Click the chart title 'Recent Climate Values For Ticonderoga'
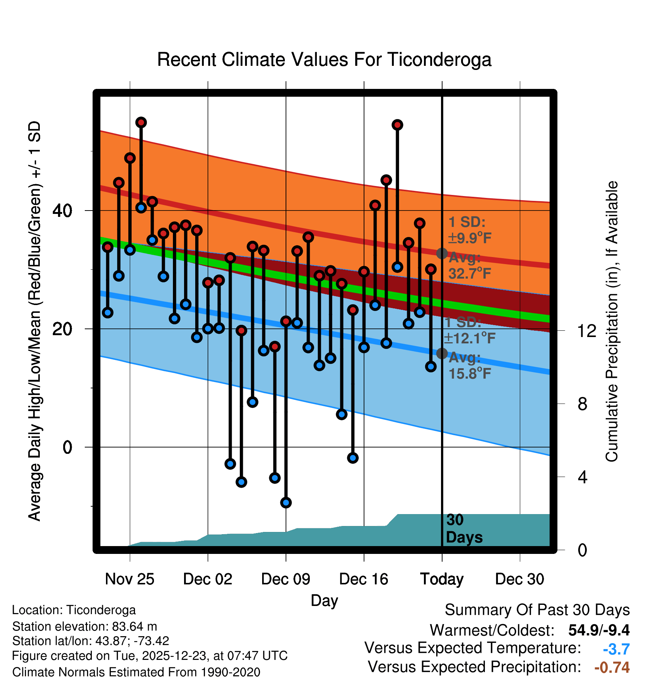324,60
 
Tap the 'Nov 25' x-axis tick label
129,579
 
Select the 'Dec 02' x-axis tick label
207,579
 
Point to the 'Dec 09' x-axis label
286,579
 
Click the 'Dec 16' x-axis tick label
364,579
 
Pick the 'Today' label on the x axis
442,579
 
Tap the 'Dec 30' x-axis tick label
519,579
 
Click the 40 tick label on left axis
62,211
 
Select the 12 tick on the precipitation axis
586,331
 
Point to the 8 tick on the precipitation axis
582,404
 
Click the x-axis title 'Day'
324,601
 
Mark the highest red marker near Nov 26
141,122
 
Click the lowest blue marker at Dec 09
286,503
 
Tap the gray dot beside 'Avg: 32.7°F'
442,253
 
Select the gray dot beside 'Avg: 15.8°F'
442,353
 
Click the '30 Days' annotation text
464,529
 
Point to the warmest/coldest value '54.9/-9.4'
599,630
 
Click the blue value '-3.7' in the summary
616,649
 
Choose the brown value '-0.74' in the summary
612,667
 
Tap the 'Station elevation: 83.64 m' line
84,626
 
